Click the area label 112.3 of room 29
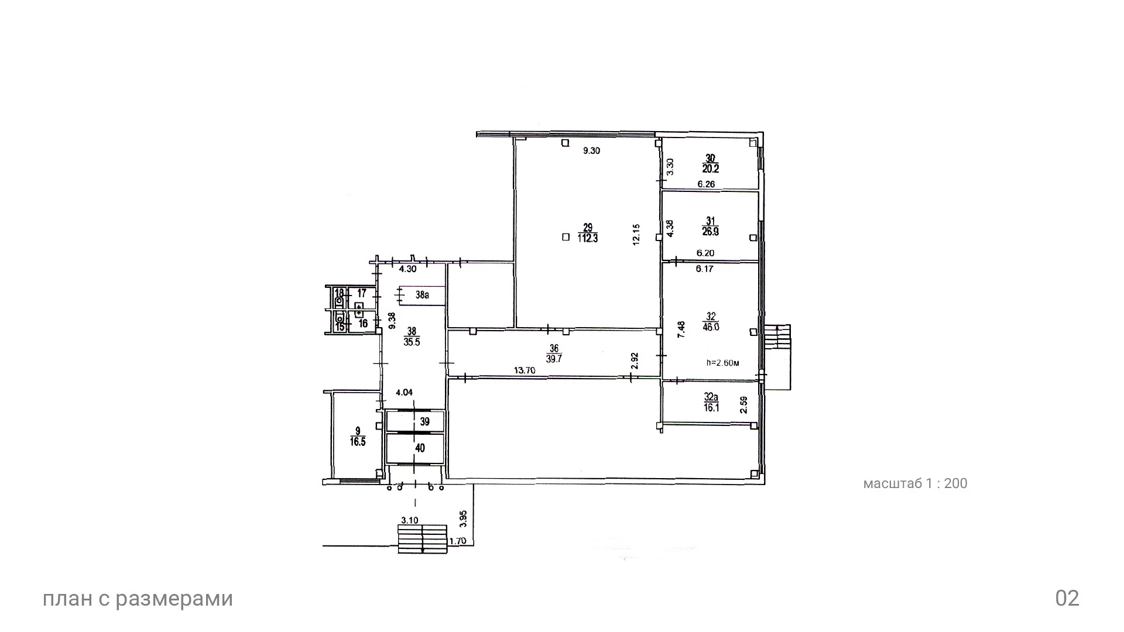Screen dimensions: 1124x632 [x=588, y=238]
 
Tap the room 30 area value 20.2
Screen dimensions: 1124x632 [x=711, y=169]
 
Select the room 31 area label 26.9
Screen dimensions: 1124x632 [x=711, y=232]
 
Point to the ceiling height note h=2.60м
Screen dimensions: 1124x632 [x=723, y=363]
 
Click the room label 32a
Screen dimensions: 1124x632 [x=711, y=397]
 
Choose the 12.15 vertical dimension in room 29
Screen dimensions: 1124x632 [x=637, y=234]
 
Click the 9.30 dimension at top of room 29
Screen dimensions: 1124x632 [x=591, y=150]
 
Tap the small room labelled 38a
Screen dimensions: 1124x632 [x=422, y=295]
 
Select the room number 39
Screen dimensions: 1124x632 [x=425, y=421]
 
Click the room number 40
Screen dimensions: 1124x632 [x=420, y=448]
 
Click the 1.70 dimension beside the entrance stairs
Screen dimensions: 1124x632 [x=458, y=541]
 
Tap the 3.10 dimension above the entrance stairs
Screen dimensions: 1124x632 [x=409, y=520]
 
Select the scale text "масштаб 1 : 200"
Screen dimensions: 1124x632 [x=916, y=483]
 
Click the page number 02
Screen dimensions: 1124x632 [x=1067, y=599]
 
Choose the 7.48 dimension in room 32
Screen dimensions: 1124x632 [x=681, y=329]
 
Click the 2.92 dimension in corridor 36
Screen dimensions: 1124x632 [x=635, y=361]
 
